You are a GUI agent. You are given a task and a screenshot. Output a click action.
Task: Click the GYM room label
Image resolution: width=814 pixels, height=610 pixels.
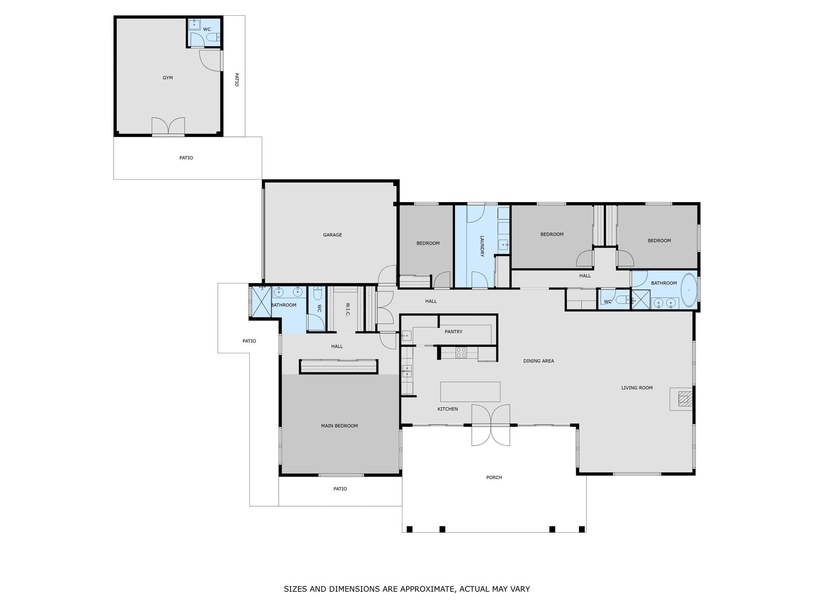point(168,78)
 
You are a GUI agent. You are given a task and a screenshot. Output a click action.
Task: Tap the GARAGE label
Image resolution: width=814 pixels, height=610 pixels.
point(332,235)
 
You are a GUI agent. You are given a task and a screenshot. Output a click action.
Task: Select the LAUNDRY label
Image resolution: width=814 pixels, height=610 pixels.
point(482,246)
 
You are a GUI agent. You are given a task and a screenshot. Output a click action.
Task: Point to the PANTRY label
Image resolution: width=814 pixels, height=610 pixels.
point(454,332)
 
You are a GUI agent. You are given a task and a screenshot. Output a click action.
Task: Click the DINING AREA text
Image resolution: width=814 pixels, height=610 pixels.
point(538,361)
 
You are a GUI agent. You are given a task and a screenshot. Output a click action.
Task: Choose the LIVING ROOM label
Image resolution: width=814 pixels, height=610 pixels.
point(637,388)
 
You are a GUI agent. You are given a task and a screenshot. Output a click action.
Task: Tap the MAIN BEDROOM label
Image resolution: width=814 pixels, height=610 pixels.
point(339,426)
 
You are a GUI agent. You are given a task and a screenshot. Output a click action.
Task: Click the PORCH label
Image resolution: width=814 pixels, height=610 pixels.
point(494,478)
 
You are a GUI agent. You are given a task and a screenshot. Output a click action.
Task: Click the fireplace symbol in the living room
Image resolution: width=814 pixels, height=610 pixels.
point(684,399)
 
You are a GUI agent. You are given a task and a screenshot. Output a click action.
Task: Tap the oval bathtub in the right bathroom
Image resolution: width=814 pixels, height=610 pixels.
point(689,291)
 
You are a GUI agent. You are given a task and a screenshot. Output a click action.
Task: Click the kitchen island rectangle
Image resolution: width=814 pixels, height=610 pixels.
point(470,391)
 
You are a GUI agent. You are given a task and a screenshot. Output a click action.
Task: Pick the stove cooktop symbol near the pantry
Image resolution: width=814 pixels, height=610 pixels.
point(461,352)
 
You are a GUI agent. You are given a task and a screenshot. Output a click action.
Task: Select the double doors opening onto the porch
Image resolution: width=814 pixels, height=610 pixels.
point(491,425)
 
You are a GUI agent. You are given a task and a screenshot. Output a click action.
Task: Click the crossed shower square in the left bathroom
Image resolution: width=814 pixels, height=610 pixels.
point(261,302)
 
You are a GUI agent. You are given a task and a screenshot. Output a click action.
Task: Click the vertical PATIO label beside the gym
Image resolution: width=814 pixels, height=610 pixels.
point(237,80)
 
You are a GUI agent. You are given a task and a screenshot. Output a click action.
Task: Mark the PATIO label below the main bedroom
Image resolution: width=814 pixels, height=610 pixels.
point(340,489)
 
